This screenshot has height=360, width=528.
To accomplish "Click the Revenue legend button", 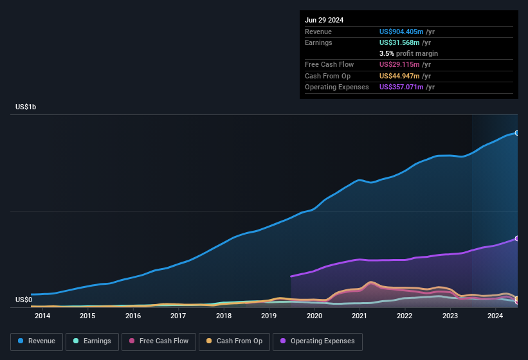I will click(37, 341).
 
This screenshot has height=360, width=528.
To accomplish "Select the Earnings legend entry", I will click(91, 341).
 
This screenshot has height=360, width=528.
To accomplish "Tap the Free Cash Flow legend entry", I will click(159, 341).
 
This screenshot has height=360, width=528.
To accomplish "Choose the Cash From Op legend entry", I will click(234, 341).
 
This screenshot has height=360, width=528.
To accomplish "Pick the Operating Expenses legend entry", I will click(318, 341).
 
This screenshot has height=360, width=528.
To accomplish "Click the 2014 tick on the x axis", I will click(42, 316).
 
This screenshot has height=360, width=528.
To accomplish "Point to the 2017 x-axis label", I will click(178, 316).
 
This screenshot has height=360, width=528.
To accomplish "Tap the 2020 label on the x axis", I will click(314, 316).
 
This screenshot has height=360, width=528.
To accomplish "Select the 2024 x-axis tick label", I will click(495, 316).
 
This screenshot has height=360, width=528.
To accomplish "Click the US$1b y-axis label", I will click(26, 107).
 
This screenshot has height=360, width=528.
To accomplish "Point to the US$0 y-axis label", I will click(24, 300).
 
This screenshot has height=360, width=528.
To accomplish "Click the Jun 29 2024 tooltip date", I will click(324, 20).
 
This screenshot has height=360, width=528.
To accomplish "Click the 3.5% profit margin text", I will click(408, 53).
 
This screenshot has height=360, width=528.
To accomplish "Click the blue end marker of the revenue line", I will click(517, 133).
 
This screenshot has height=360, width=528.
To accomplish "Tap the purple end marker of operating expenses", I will click(517, 239).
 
